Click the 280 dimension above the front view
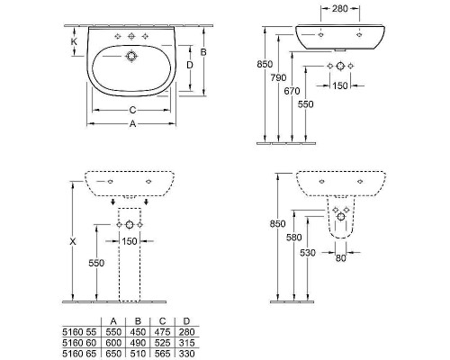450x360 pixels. [340, 9]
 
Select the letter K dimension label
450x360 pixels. [74, 41]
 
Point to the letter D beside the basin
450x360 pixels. [190, 65]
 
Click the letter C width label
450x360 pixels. [132, 111]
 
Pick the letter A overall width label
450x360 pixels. [132, 123]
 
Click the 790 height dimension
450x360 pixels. [278, 77]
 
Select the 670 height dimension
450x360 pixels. [292, 91]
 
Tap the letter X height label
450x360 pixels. [73, 241]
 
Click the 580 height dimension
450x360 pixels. [294, 238]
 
